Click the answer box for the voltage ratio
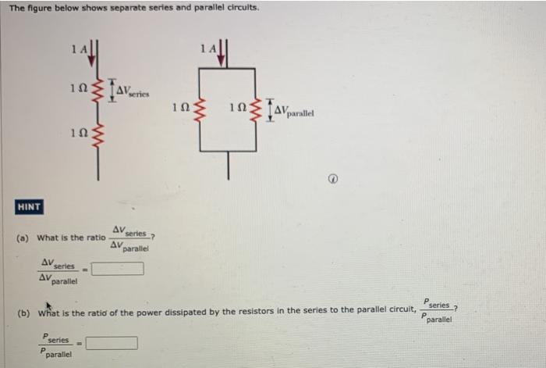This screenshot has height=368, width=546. point(119,269)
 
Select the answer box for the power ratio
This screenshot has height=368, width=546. point(112,342)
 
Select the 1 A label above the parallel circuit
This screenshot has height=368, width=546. point(207,48)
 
